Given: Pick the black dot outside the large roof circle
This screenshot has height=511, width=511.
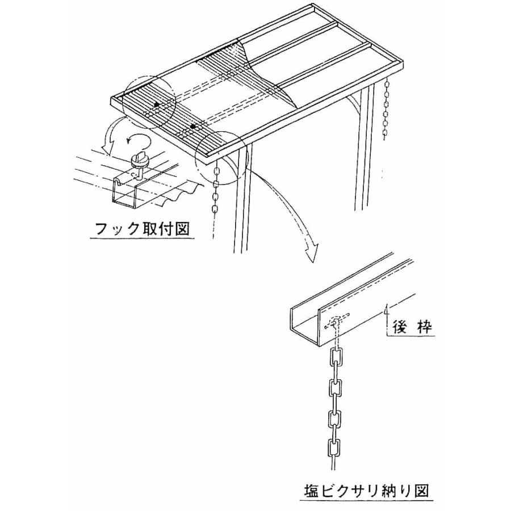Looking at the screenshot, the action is pos(194,126).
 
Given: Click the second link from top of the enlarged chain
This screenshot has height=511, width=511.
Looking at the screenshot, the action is pos(334,389).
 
